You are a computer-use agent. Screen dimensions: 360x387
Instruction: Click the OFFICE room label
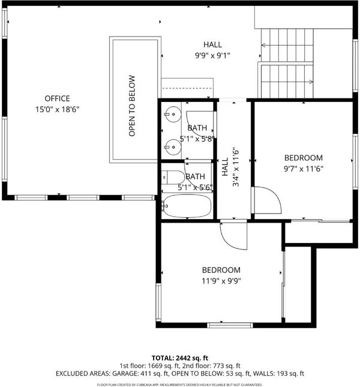57,98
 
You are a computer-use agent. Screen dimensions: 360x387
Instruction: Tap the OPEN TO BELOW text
132,106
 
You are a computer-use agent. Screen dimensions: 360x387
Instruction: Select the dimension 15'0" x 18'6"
57,109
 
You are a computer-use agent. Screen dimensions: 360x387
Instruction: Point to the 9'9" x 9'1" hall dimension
212,56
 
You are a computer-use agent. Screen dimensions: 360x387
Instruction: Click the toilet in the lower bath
173,177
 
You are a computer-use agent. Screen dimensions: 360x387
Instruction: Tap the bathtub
187,206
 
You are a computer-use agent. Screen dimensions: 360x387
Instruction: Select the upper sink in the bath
173,114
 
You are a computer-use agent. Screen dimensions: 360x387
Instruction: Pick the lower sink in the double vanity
173,147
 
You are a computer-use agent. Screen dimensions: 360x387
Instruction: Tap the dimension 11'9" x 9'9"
221,281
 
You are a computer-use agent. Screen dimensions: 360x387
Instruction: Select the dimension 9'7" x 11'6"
304,169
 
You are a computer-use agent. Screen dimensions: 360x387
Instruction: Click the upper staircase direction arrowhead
263,45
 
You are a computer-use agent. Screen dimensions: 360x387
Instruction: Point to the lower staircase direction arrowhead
311,82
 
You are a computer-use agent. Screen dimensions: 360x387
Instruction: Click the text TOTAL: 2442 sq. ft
180,358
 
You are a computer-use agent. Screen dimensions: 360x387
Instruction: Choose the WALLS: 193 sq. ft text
278,374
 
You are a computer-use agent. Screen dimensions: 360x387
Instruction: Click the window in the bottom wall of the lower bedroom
230,325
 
